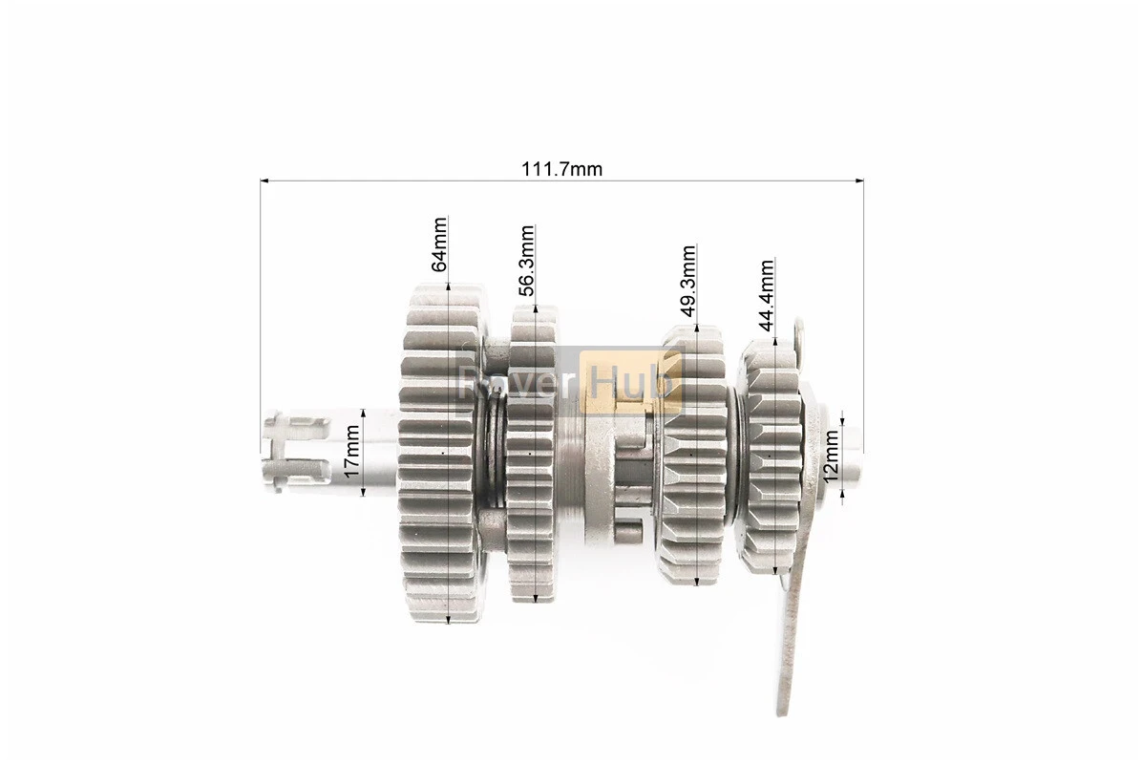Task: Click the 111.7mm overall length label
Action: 561,169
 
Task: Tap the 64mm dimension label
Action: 439,244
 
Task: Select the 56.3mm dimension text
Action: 526,261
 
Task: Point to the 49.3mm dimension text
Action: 687,281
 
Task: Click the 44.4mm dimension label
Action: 766,295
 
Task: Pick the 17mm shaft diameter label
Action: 351,452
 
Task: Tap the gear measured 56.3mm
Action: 534,454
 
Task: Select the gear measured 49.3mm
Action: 694,454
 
